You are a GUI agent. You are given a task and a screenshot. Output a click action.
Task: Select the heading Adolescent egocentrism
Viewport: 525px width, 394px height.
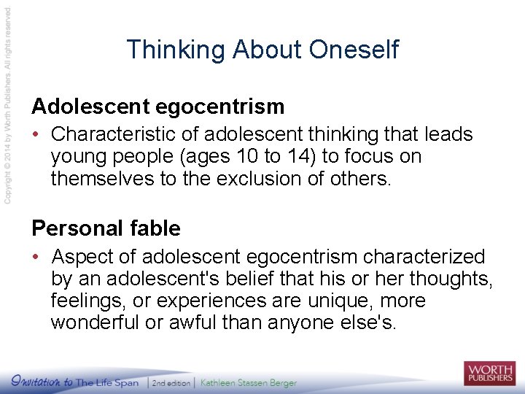point(157,107)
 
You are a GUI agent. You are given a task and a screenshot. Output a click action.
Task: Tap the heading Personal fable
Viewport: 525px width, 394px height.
point(106,228)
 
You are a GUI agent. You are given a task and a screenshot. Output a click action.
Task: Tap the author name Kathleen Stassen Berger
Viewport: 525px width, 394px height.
point(249,383)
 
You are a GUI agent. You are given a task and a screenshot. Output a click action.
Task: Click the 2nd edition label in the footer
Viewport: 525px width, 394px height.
point(172,383)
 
